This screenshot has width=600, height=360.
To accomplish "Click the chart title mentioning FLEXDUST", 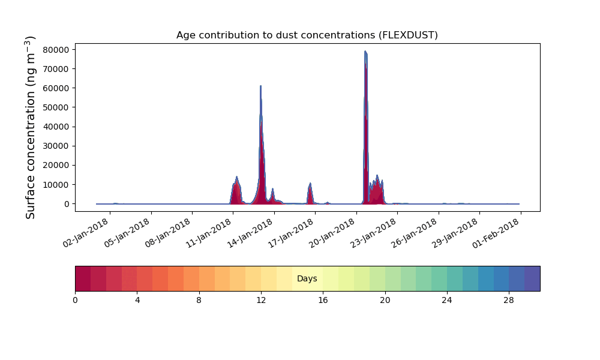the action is pos(307,35).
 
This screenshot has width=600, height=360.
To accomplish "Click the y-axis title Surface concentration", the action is pos(30,127).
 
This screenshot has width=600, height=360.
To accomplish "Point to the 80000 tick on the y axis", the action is pos(56,50).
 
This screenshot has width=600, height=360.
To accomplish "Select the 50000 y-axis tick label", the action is pos(56,107).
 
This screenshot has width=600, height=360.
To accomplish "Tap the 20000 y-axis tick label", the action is pos(56,165).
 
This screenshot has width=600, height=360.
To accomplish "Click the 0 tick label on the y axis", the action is pos(67,204).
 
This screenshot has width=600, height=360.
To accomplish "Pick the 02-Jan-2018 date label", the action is pos(86,233).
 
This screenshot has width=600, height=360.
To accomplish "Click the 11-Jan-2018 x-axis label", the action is pos(209,233).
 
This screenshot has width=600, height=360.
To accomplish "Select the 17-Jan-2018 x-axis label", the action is pos(291,233).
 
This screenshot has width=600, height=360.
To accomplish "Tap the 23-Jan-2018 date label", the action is pos(373,233).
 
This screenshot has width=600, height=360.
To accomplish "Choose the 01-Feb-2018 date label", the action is pos(496,233).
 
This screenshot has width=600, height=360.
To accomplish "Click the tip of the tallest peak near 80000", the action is pos(365,51).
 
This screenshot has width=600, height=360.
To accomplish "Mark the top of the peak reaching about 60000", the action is pos(260,86).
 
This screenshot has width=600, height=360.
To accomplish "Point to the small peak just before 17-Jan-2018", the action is pos(310,184).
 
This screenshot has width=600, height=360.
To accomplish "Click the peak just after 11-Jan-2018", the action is pos(237,177).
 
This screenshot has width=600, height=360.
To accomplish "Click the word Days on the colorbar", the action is pos(307,278).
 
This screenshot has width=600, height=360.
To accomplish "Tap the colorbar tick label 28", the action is pos(509,301).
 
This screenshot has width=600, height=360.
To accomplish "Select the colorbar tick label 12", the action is pos(261,301).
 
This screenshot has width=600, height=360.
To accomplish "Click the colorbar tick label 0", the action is pos(76,301).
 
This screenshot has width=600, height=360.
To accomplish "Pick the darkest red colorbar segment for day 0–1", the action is pos(83,278).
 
